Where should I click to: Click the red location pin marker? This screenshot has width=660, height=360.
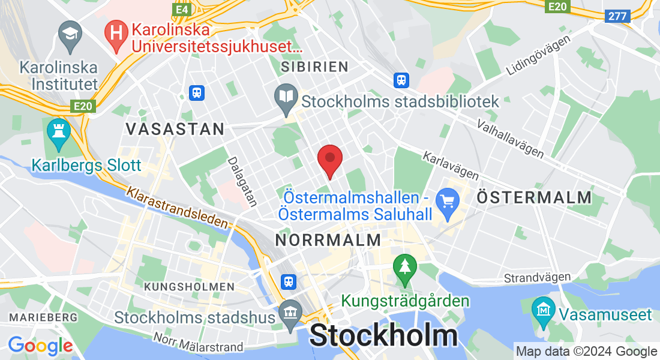point(329,159)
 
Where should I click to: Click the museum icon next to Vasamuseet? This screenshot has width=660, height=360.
point(544,309)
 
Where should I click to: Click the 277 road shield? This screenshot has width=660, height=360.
point(617,16)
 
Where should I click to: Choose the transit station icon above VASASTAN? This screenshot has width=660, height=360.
point(196,93)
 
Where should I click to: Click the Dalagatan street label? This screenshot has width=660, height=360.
point(242,182)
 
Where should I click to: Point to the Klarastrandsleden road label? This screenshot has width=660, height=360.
point(178,208)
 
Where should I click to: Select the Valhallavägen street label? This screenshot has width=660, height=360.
point(510,139)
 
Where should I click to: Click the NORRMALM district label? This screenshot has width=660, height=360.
point(328,240)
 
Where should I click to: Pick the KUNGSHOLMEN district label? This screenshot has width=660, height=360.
point(190,287)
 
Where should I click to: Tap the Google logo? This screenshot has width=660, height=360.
point(40,345)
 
